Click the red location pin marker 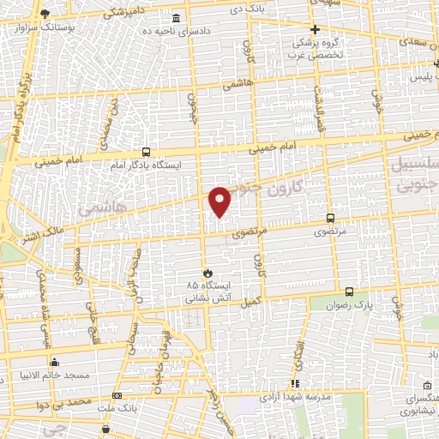[x=220, y=201]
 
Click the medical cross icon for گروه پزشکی [x=316, y=28]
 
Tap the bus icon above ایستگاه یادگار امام [x=146, y=151]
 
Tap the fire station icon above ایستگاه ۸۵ [x=203, y=271]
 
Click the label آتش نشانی [x=204, y=301]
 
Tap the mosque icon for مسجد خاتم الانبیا [x=54, y=361]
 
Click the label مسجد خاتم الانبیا [x=54, y=376]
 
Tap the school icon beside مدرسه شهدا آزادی [x=295, y=383]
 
